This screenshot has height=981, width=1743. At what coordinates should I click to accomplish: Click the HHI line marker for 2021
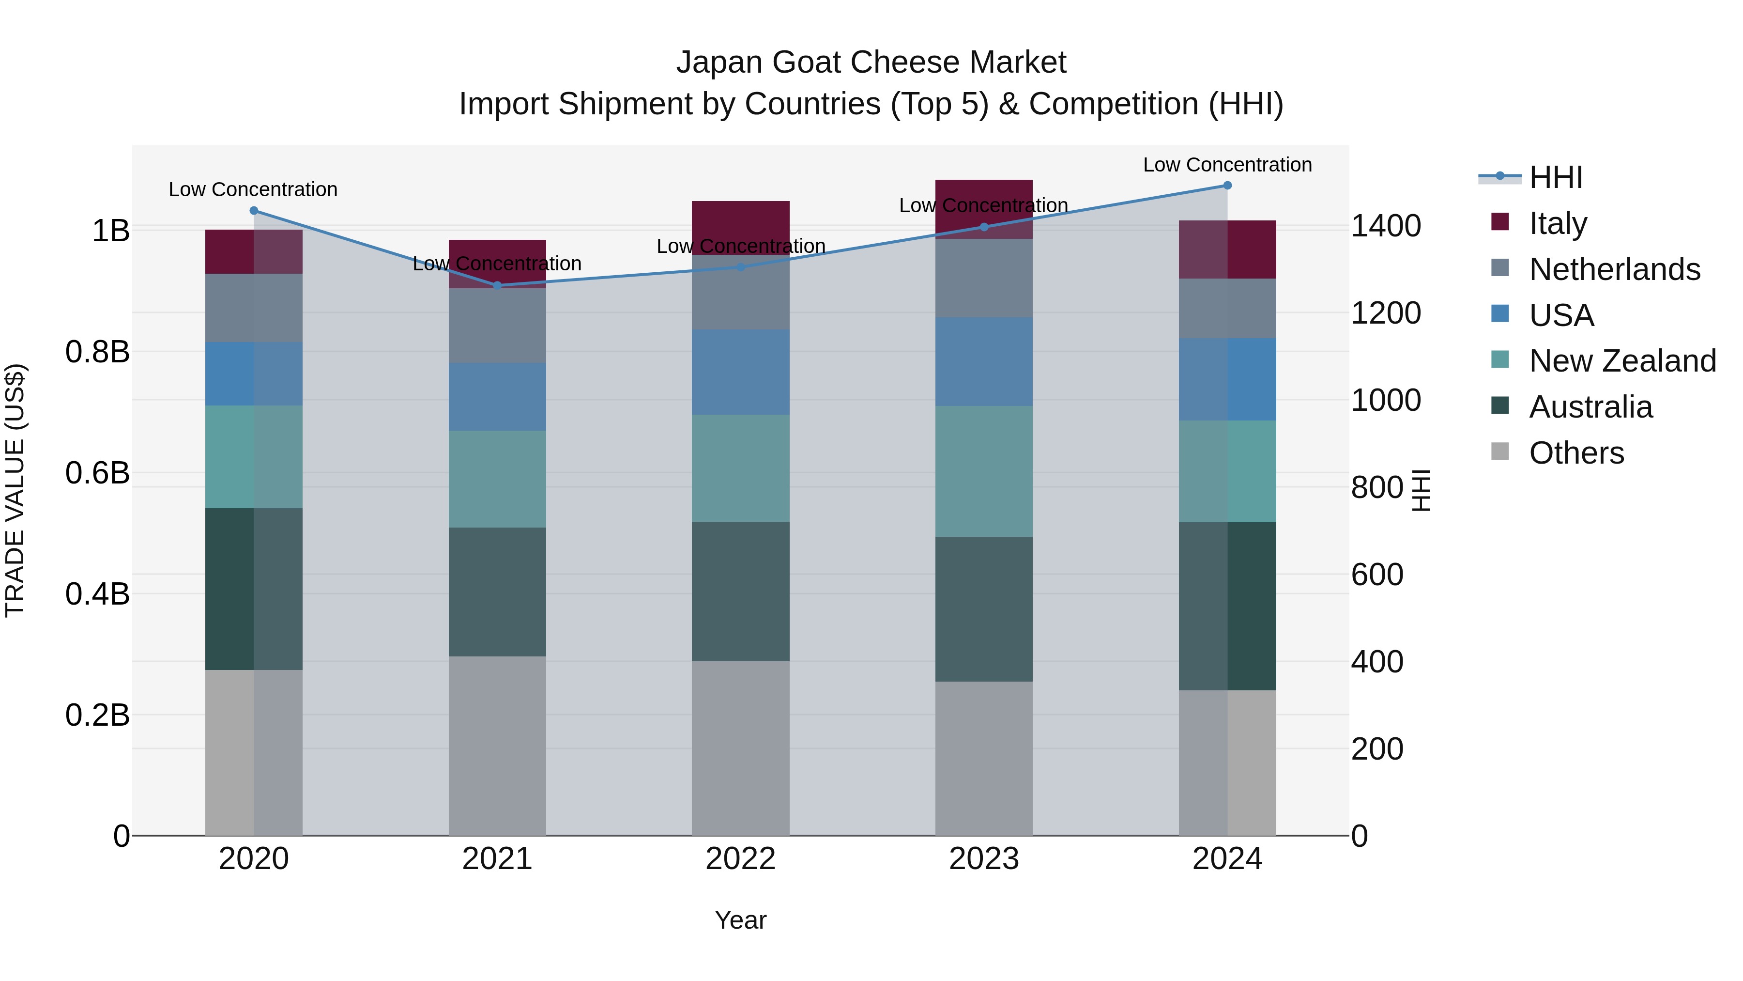tap(497, 286)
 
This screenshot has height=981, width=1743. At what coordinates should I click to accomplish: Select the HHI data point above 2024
tap(1227, 186)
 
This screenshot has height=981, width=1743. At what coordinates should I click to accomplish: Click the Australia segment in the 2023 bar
tap(984, 609)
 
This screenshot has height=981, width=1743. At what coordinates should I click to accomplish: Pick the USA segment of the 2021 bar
tap(497, 397)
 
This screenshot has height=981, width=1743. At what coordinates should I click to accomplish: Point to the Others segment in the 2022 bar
tap(740, 748)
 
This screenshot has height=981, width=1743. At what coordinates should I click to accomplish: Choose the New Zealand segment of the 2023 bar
tap(984, 471)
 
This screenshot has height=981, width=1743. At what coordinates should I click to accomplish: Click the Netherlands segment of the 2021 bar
tap(497, 326)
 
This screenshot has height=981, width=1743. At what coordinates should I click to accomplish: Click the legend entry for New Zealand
tap(1622, 361)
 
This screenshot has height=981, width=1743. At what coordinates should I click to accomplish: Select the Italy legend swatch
tap(1500, 222)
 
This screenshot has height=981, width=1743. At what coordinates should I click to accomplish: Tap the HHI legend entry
tap(1555, 177)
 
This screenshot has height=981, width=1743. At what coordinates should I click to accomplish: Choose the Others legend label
tap(1576, 453)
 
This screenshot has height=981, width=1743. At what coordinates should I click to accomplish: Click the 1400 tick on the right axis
tap(1386, 226)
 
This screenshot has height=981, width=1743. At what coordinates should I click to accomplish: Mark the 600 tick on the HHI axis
tap(1377, 575)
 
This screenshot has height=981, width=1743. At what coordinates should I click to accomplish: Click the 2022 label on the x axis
tap(740, 859)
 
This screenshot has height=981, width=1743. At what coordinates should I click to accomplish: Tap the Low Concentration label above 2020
tap(253, 189)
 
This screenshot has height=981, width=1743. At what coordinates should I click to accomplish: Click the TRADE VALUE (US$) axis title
tap(15, 490)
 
